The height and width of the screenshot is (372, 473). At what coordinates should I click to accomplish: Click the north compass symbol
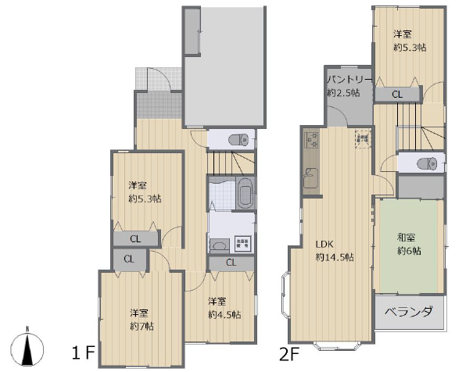27,348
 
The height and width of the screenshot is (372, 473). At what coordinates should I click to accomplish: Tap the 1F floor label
84,352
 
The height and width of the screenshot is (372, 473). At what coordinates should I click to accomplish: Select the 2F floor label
289,354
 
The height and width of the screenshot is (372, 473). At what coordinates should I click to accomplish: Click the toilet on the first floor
238,140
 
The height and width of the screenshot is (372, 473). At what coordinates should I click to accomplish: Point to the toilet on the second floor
427,163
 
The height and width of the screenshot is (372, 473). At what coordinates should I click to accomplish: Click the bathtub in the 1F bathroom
245,192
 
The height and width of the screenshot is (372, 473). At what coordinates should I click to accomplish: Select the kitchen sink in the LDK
310,178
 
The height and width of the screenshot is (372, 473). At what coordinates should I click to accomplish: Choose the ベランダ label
409,312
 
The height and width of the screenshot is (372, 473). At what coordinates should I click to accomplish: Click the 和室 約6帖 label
409,244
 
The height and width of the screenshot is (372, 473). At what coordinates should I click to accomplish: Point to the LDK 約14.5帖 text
335,251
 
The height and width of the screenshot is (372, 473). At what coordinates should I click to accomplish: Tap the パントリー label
349,80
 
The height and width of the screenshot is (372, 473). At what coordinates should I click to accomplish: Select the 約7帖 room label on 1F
142,327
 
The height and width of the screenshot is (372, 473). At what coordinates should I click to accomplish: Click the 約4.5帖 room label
224,315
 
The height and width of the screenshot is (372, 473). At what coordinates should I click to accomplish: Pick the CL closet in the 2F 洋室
397,95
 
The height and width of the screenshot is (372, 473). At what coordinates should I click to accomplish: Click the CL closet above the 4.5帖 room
231,263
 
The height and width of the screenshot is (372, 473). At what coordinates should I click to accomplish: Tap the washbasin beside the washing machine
220,245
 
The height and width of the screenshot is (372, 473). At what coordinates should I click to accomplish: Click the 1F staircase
231,163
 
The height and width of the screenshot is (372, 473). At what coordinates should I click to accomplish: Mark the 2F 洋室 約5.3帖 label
410,41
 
